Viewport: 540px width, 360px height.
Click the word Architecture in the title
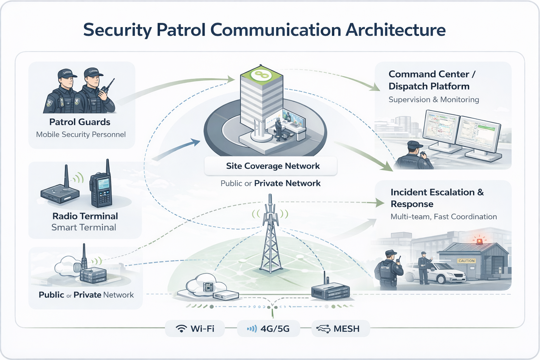(x=396, y=30)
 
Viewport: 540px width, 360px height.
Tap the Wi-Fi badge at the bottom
(x=195, y=329)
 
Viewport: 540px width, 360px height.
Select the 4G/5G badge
(x=269, y=329)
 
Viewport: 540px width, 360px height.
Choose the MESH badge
(x=340, y=329)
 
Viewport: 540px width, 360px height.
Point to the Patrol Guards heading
(x=80, y=122)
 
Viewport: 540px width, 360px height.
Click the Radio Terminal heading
(x=85, y=216)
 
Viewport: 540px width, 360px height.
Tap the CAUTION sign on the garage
(x=467, y=261)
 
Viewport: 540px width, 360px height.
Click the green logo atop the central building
(x=262, y=74)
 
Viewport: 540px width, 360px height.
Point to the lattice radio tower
(x=270, y=239)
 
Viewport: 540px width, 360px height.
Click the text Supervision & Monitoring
(x=433, y=99)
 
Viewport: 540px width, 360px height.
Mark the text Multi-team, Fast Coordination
(x=444, y=217)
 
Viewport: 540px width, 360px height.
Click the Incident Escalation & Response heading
(x=437, y=198)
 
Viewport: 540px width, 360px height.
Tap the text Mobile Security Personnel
(x=81, y=134)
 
